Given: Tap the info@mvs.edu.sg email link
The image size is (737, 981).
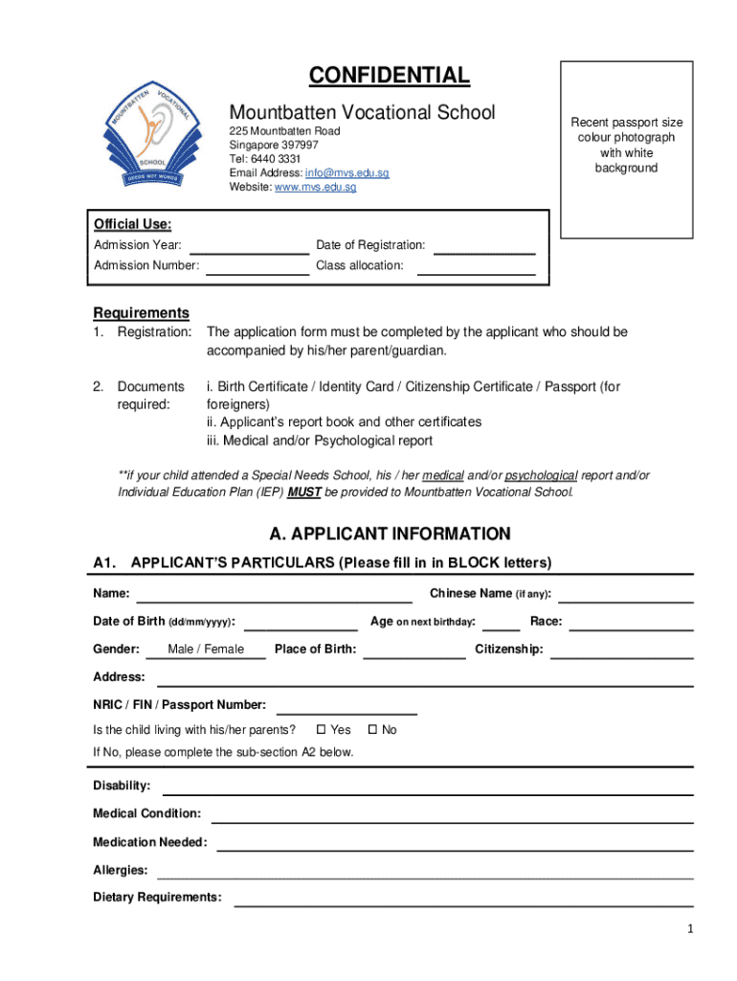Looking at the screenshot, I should (x=347, y=172).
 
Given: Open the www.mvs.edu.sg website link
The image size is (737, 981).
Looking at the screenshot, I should (x=316, y=187).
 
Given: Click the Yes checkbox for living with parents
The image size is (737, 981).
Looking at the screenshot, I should (x=321, y=730).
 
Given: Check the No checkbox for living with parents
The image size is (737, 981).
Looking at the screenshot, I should (x=372, y=730).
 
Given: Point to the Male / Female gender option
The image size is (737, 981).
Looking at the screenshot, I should (x=206, y=650).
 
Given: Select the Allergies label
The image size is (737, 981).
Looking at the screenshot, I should (x=120, y=870).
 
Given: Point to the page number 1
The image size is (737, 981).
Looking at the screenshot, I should (x=689, y=928).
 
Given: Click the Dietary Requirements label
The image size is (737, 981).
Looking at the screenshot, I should (x=157, y=898).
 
